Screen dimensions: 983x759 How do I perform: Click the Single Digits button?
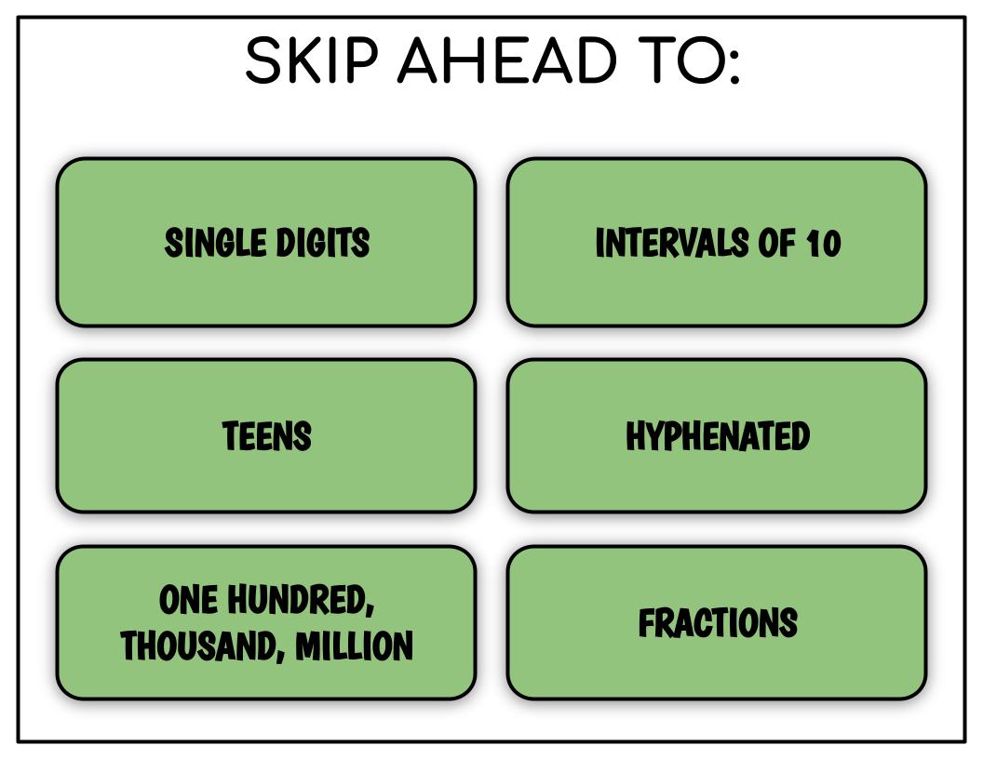266,243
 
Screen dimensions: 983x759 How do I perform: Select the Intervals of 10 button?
717,243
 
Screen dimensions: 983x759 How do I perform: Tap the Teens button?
266,436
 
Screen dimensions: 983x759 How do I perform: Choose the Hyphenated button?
717,436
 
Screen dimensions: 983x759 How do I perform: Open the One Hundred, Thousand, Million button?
266,622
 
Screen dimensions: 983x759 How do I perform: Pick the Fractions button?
717,622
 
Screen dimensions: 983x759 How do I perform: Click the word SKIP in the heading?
312,60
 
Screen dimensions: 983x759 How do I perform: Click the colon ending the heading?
734,66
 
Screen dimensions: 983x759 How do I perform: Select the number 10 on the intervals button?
823,244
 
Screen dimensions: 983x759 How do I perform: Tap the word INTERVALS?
672,243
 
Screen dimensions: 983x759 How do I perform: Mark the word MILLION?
355,646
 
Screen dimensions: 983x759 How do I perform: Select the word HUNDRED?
300,600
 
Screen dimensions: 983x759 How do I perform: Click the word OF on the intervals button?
777,243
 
